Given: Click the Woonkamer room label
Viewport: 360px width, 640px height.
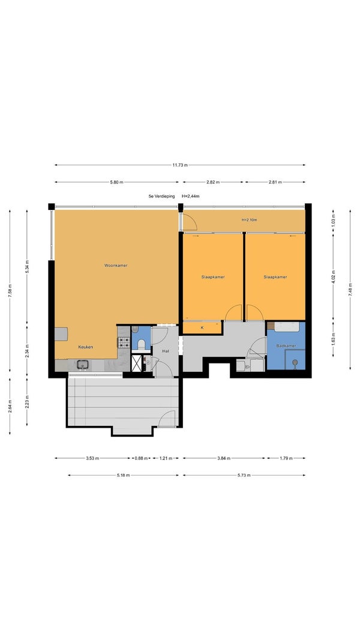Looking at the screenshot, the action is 116,265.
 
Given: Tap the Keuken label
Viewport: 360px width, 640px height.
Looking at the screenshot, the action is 86,347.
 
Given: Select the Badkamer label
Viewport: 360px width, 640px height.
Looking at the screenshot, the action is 286,345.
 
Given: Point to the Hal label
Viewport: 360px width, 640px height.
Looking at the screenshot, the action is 166,351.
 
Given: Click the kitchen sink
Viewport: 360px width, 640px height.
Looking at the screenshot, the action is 83,364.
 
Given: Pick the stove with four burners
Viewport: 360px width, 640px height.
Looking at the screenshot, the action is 124,342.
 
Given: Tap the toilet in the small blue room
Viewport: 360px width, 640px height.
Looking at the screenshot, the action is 142,345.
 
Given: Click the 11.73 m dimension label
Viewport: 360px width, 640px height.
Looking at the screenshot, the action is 180,165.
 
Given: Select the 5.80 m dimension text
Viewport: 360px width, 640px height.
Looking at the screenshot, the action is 117,182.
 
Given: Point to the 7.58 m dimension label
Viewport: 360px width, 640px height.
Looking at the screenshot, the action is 10,290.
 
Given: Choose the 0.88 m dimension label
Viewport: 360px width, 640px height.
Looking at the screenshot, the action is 142,458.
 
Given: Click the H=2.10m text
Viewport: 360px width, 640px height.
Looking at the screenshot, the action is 250,220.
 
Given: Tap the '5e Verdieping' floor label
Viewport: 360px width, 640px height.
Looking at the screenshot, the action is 161,196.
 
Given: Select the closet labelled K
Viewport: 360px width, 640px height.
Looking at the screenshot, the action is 202,327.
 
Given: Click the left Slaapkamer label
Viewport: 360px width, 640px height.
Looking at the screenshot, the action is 213,277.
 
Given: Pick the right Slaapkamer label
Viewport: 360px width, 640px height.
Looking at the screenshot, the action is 275,277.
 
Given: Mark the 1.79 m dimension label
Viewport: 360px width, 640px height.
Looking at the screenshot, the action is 286,458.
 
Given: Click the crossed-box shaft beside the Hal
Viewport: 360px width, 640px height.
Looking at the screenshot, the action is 136,363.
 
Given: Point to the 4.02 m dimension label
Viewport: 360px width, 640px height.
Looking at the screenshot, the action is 333,278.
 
